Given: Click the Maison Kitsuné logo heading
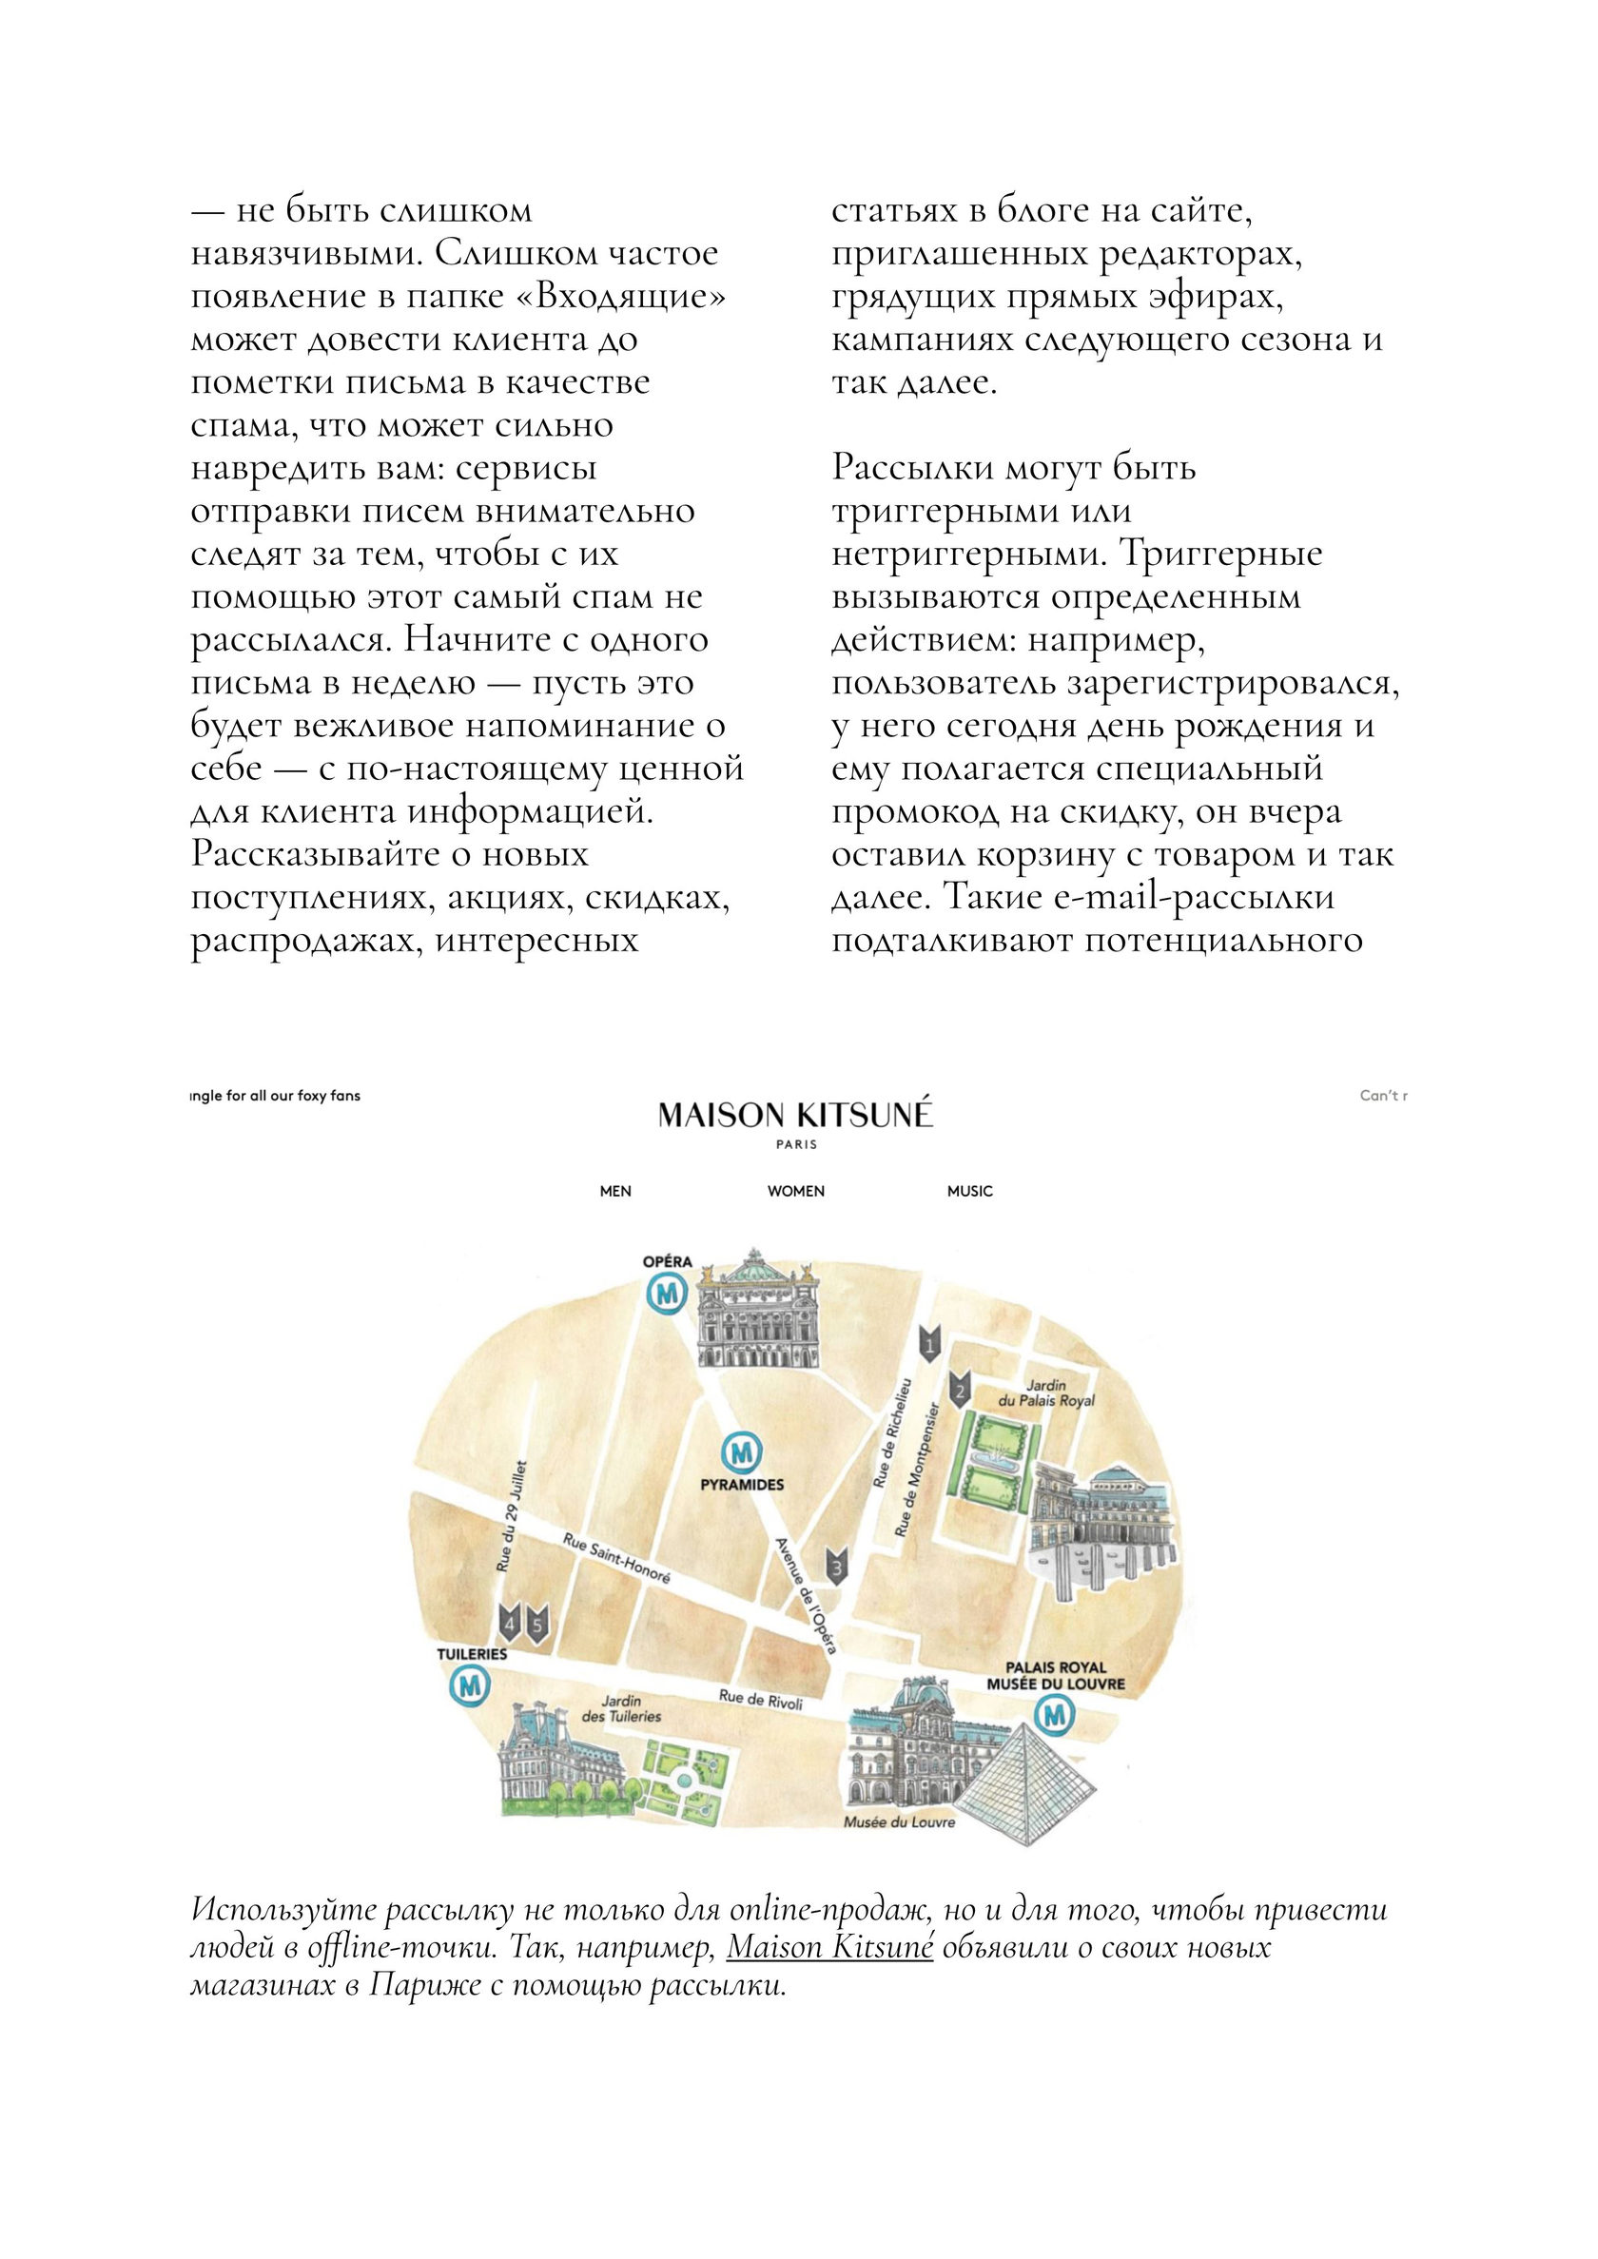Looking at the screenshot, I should (x=795, y=1116).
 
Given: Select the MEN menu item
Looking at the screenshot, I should (x=616, y=1192).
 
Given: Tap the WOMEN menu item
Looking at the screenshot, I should (x=796, y=1192).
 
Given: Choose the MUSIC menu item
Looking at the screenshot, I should (x=969, y=1192).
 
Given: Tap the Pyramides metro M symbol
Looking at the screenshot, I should (x=742, y=1452).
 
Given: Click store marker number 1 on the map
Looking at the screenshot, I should (x=930, y=1343).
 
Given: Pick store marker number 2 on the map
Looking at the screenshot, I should (x=962, y=1390).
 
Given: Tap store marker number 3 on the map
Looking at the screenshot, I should (x=837, y=1565).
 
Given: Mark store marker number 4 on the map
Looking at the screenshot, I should (x=509, y=1625).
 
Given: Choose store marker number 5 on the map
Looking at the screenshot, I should (x=536, y=1625).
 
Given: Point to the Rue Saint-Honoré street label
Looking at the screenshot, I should (x=616, y=1560).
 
